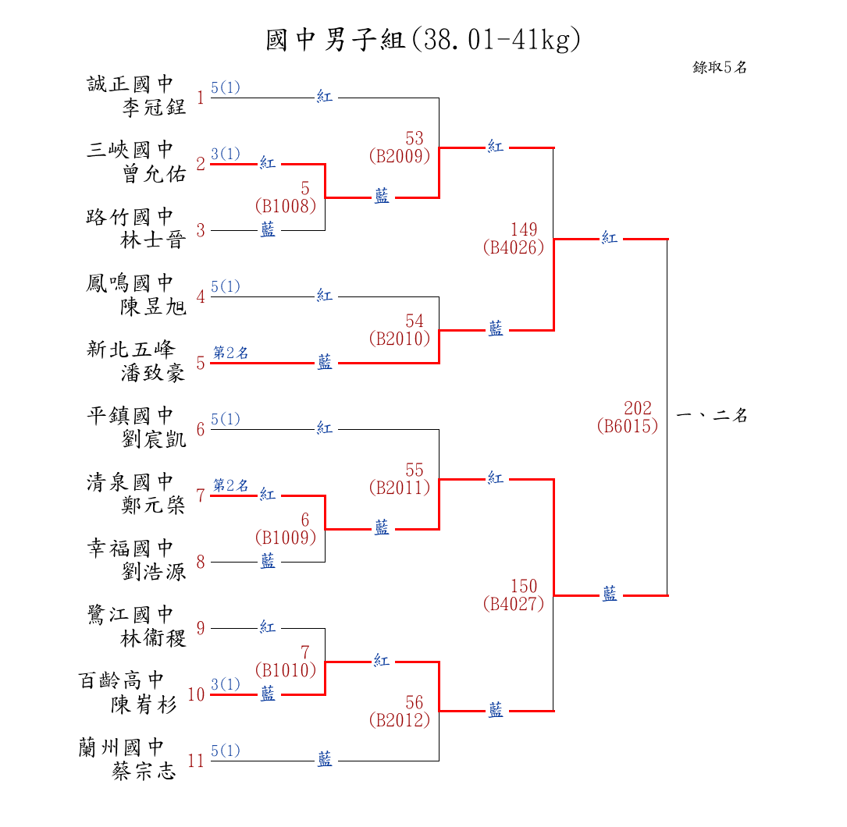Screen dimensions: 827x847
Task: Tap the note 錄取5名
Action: (720, 67)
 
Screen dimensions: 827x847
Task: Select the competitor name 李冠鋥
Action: (155, 107)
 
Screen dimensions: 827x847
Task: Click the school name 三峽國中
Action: (130, 150)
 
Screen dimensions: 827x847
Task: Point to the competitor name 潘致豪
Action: (153, 372)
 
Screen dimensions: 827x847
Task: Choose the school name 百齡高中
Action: (122, 680)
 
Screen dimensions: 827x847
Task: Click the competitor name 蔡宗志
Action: (144, 772)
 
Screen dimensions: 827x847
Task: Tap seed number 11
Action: (196, 761)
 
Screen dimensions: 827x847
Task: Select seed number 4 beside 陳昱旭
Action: (201, 296)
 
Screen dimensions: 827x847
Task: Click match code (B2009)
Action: (399, 156)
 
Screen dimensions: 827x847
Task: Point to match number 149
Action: (524, 229)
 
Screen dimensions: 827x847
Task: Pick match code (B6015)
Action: (627, 426)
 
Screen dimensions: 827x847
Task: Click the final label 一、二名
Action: (711, 416)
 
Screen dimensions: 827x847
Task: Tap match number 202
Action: (638, 408)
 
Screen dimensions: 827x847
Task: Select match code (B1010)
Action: (285, 669)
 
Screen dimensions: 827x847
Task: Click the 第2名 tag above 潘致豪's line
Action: (231, 353)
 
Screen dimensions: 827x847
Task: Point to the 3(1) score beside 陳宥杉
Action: (226, 684)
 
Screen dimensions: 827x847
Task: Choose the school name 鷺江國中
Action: (130, 614)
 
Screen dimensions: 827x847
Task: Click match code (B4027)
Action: (513, 604)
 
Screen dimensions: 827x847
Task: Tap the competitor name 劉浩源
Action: (155, 571)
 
